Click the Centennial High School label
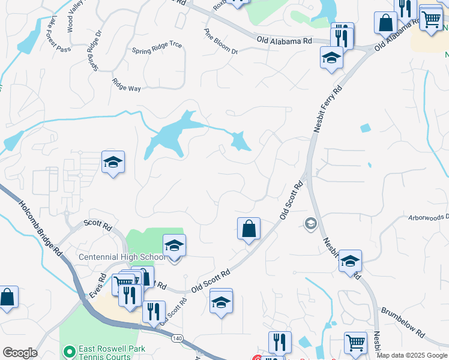coord(122,257)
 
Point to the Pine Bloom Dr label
coord(220,41)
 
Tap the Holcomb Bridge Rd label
coord(40,229)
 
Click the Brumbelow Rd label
coord(403,323)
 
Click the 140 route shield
coord(176,338)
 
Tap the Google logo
coord(19,353)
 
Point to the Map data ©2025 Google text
coord(412,355)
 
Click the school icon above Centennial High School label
coord(174,246)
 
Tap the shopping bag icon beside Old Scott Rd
coord(249,229)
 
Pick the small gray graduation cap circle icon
coord(311,224)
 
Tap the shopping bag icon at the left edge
coord(7,297)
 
